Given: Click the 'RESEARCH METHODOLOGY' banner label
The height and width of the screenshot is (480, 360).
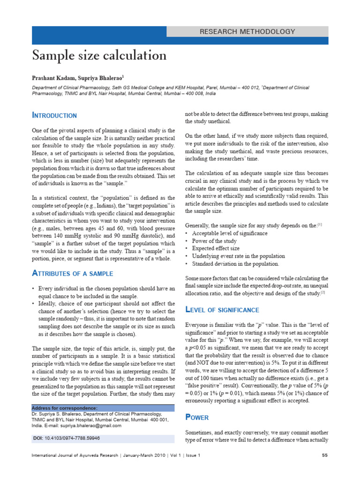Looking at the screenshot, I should tap(247, 32).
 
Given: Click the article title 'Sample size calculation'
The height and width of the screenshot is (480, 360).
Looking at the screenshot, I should tap(99, 56).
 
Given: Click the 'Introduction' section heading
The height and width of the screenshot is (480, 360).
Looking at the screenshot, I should tap(54, 115).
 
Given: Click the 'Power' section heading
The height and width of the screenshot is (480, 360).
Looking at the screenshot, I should tap(197, 417).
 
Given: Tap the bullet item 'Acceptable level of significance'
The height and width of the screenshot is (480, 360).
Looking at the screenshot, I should tap(230, 233).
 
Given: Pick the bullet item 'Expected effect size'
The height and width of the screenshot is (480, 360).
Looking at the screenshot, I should tap(216, 248).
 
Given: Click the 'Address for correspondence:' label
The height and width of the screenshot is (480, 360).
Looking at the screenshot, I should tap(65, 408).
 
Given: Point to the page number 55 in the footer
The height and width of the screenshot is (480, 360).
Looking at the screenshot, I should tap(324, 456).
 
